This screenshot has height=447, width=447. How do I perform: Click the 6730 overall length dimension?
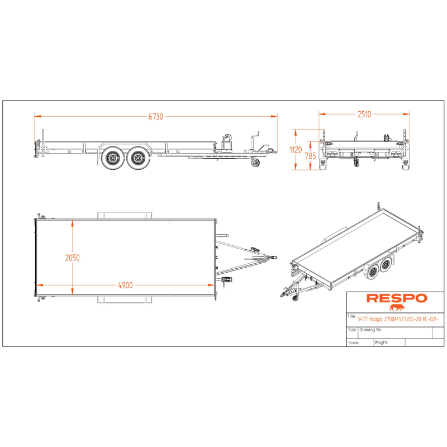coord(156,117)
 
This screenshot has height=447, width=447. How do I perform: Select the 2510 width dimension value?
coord(364,114)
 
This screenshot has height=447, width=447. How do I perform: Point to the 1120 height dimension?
coord(296,150)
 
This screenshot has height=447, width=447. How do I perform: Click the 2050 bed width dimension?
coord(73,258)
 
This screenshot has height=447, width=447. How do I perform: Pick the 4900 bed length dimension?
coord(125,285)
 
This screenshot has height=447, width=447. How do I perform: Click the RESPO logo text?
coord(396,298)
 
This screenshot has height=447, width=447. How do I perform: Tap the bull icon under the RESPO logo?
coord(396,307)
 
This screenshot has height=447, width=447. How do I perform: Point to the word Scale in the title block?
coord(353,343)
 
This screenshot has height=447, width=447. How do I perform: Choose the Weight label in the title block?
coord(381,343)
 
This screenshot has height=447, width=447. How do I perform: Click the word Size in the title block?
coord(352,330)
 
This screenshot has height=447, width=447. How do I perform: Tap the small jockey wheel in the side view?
coord(256,163)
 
